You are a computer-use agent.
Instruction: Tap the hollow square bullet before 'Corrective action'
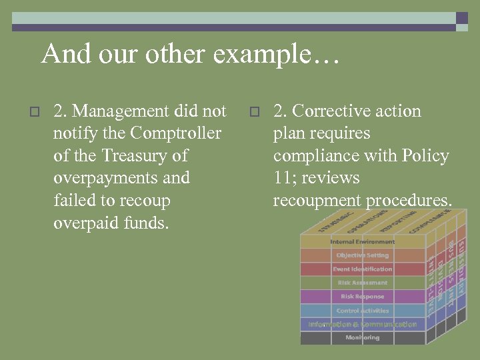tap(254, 112)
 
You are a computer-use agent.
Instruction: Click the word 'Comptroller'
tap(176, 133)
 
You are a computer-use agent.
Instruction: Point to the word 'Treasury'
tap(135, 155)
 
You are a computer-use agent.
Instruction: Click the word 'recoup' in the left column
tap(144, 201)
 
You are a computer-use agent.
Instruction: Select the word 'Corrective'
tap(329, 111)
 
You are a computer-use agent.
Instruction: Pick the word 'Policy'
tap(425, 155)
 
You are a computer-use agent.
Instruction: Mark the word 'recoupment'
tap(317, 201)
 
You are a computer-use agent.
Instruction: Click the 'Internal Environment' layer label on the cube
tap(362, 241)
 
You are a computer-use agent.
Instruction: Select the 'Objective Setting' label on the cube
tap(362, 255)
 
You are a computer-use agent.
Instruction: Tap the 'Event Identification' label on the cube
tap(362, 269)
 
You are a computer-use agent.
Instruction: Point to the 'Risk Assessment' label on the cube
tap(362, 283)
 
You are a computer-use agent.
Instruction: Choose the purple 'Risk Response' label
tap(362, 297)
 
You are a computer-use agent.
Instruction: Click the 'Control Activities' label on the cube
tap(362, 311)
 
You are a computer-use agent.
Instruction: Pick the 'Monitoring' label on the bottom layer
tap(362, 338)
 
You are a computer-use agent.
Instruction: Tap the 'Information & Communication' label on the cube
tap(362, 325)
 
